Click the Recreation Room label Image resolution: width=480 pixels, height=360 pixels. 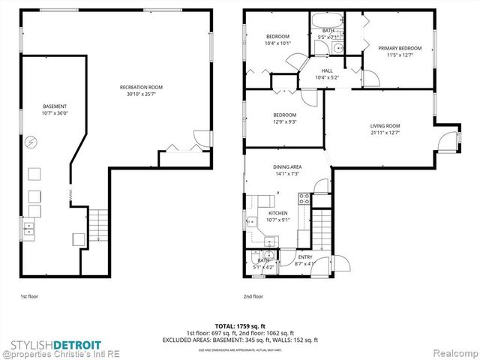pos(141,88)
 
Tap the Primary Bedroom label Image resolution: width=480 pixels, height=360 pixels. pos(399,48)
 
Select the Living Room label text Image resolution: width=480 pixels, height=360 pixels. pos(385,126)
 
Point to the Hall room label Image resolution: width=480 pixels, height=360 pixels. pos(327,70)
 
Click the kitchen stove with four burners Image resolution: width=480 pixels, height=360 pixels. pos(304,199)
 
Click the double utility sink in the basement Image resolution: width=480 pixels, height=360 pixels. pos(28,227)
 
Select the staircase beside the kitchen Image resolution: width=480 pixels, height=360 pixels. pos(321,226)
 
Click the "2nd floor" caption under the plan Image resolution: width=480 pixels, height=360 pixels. pos(253,296)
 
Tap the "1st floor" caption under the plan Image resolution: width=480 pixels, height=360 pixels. pos(28,296)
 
